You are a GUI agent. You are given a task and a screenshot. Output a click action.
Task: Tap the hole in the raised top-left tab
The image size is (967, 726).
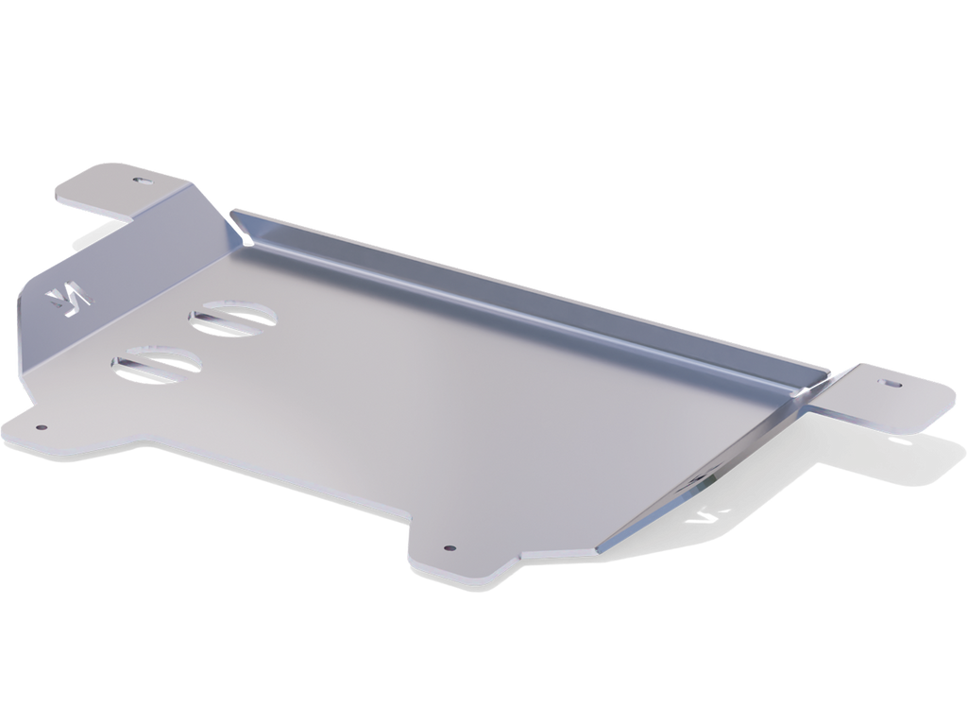click(142, 179)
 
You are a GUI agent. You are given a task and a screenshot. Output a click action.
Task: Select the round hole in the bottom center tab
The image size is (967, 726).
click(450, 546)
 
